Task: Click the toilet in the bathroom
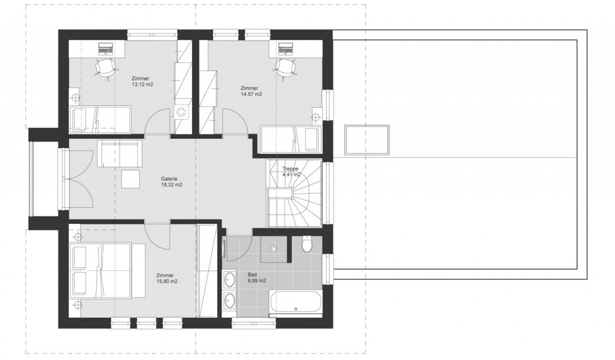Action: (x=307, y=244)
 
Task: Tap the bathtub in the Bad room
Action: (x=295, y=301)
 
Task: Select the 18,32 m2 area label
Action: (x=172, y=185)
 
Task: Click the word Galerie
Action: (x=169, y=179)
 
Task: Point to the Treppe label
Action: (x=291, y=169)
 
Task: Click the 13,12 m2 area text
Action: (x=143, y=85)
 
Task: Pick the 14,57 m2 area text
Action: (x=251, y=94)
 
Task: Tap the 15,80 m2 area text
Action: (x=167, y=282)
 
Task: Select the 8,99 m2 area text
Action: (x=257, y=281)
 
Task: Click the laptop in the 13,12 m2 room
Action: (x=105, y=48)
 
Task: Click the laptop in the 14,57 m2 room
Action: (x=285, y=48)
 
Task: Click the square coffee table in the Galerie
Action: (x=131, y=179)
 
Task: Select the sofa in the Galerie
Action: (x=120, y=153)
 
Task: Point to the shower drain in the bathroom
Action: (x=274, y=249)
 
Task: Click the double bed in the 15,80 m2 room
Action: (x=107, y=270)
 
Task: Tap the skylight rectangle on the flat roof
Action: (x=367, y=140)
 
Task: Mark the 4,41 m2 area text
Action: (x=292, y=174)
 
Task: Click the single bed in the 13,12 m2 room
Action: (x=100, y=120)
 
